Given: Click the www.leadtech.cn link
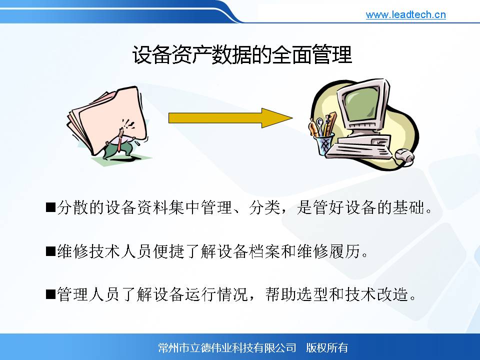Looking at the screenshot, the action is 405,14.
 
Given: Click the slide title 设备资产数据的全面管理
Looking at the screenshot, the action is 242,55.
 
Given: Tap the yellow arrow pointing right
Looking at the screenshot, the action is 230,118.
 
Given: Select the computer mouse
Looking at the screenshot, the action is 404,155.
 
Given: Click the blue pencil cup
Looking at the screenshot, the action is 324,144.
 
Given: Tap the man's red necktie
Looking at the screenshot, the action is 119,142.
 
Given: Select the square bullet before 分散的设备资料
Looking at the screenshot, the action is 50,207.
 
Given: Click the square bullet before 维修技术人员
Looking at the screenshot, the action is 50,251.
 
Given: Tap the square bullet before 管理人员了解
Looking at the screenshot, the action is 50,294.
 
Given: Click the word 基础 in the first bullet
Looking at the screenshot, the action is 408,207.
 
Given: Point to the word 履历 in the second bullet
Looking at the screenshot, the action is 344,251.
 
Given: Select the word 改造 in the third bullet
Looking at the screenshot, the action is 392,294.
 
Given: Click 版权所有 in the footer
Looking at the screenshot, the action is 327,348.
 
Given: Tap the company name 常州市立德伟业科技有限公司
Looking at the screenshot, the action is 227,348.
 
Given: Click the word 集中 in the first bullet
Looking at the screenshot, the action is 185,207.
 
